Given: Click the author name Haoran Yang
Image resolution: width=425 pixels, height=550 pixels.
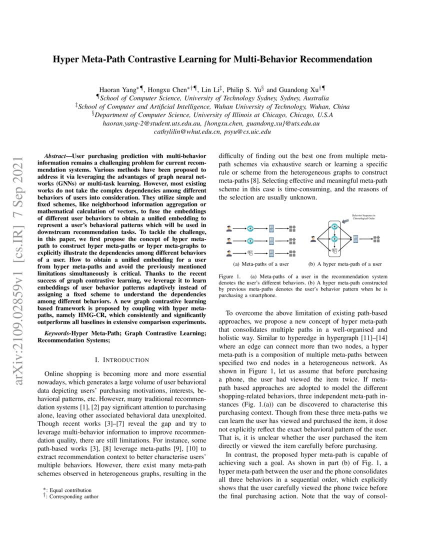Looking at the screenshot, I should pos(116,89).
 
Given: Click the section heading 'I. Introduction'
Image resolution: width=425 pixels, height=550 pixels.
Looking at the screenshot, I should pos(121,359).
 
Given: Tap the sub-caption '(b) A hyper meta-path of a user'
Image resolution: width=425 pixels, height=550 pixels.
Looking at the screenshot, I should pos(345,264).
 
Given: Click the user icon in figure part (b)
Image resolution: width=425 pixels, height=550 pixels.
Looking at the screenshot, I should pos(313,239).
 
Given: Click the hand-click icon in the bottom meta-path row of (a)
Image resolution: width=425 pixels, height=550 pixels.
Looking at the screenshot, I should pos(250,252).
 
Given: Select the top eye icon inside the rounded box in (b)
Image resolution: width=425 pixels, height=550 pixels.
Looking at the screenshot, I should pos(334,227).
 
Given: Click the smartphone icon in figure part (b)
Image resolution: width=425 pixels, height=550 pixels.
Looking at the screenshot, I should pos(355,239).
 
